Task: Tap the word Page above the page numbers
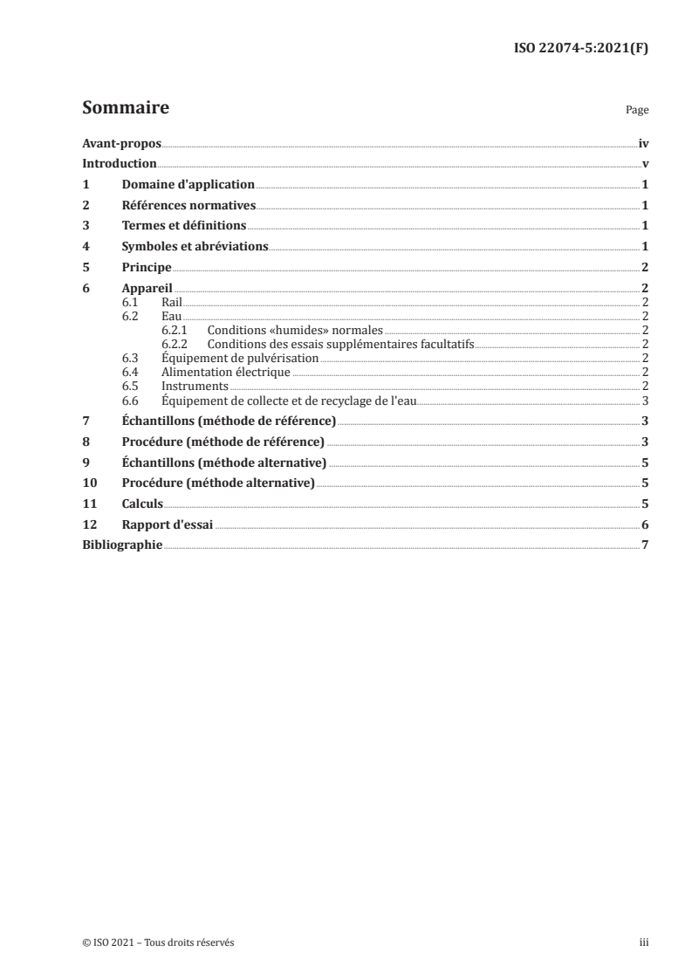[x=637, y=111]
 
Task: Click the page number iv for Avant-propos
[x=642, y=143]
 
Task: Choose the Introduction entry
[x=119, y=164]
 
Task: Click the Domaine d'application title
[x=188, y=185]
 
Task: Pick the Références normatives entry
[x=188, y=206]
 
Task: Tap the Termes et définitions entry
[x=183, y=227]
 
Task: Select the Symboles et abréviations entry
[x=195, y=247]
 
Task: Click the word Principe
[x=146, y=268]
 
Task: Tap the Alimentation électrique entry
[x=225, y=372]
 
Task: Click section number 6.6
[x=130, y=400]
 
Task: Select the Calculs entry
[x=142, y=503]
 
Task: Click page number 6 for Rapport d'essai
[x=644, y=524]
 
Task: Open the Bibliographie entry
[x=121, y=545]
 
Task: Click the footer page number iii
[x=643, y=942]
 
